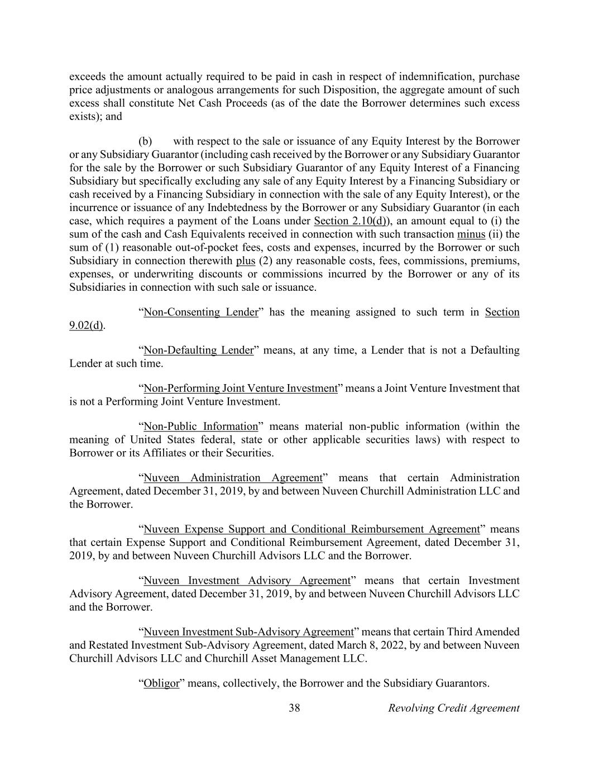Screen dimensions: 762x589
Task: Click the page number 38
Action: tap(294, 708)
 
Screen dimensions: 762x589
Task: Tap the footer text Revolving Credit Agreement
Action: tap(453, 708)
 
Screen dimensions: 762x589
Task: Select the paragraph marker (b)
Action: tap(145, 141)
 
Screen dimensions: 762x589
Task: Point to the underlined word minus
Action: tap(471, 234)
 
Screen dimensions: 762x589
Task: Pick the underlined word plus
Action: tap(246, 261)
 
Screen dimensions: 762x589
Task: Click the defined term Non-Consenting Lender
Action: tap(201, 312)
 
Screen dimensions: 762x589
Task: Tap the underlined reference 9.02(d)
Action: tap(86, 325)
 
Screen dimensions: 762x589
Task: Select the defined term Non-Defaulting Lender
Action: tap(199, 350)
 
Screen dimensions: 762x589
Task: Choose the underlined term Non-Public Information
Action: tap(201, 426)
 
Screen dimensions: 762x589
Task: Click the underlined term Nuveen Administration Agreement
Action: tap(233, 478)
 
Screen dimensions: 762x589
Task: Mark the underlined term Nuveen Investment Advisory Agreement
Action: tap(246, 581)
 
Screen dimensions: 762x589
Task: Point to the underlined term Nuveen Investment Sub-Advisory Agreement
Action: tap(248, 632)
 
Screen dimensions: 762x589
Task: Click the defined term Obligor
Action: tap(161, 683)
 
